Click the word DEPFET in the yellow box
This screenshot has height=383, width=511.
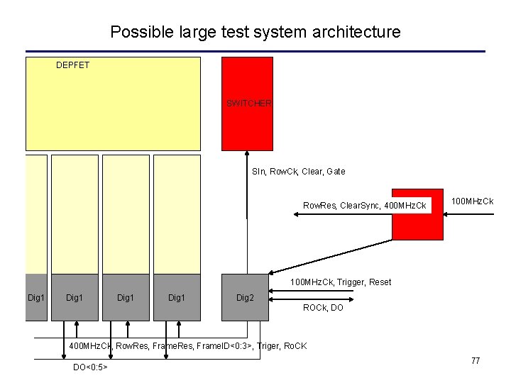coord(72,65)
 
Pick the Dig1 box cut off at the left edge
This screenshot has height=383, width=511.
coord(36,297)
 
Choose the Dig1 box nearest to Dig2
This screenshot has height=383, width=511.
coord(177,297)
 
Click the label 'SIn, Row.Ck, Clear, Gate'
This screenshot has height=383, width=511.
coord(299,171)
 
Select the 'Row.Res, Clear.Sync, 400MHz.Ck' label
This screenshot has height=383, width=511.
coord(365,206)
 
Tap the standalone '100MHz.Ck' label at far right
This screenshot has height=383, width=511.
coord(473,202)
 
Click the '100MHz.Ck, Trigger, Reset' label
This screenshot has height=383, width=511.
coord(341,282)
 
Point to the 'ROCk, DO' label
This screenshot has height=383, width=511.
coord(323,308)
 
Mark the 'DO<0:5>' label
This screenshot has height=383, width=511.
coord(90,367)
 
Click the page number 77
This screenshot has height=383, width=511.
coord(476,361)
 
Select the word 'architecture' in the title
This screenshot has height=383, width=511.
coord(361,32)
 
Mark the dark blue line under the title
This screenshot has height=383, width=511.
coord(255,51)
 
